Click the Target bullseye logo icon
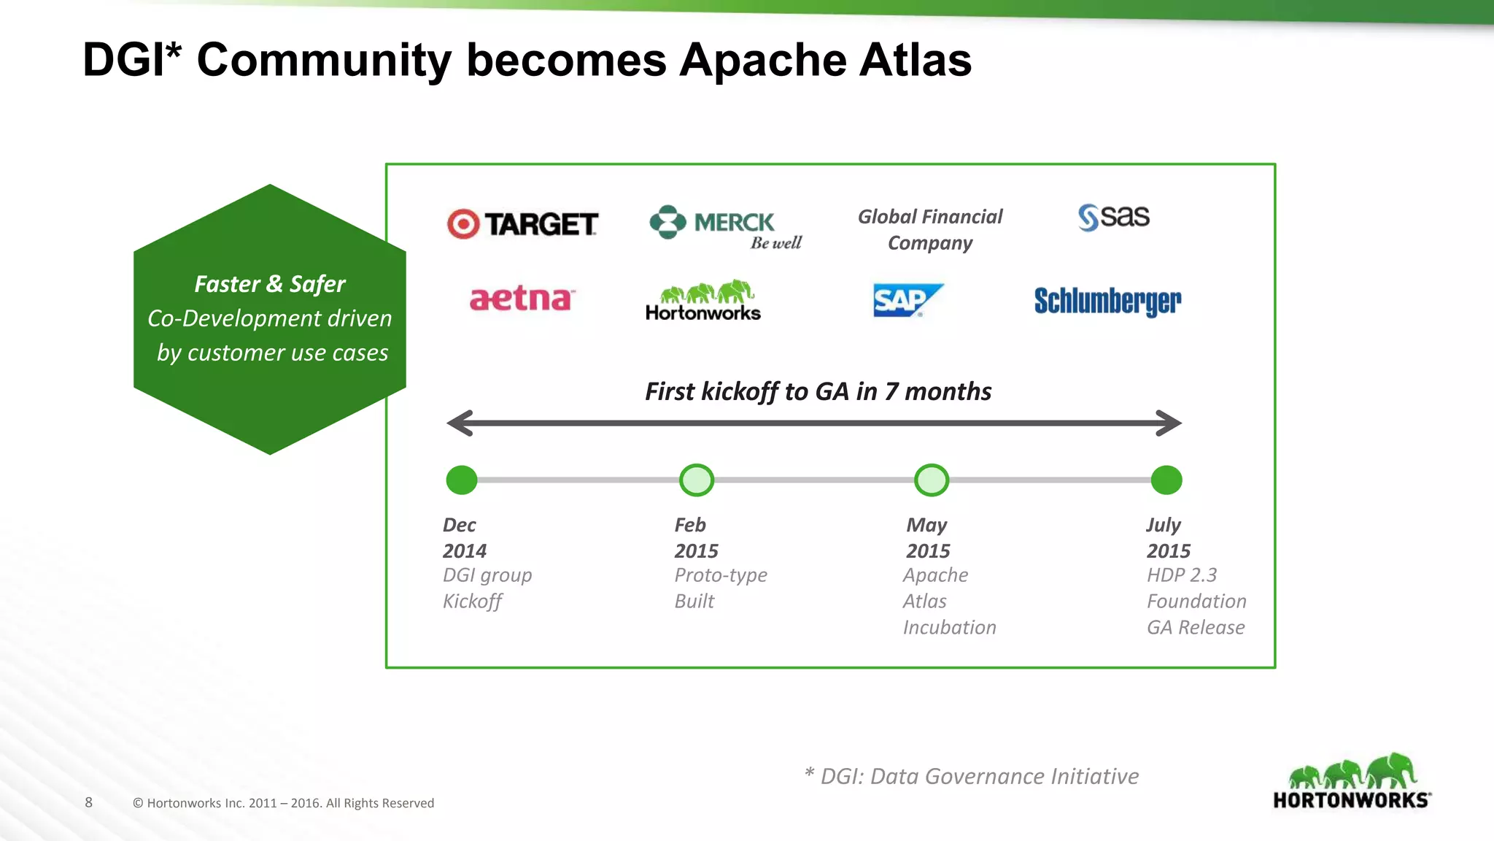point(463,224)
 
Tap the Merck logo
point(725,226)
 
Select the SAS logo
point(1114,217)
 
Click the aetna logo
point(521,299)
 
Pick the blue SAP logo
point(907,300)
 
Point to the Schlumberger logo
point(1107,301)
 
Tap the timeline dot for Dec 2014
point(462,480)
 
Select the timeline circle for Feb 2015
point(697,480)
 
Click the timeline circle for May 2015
point(932,480)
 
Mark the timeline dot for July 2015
point(1166,480)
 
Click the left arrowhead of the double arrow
point(460,423)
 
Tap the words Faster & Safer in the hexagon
point(270,284)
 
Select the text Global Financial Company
point(930,229)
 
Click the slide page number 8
point(89,802)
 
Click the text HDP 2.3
point(1182,575)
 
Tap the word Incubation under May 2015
point(949,628)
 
